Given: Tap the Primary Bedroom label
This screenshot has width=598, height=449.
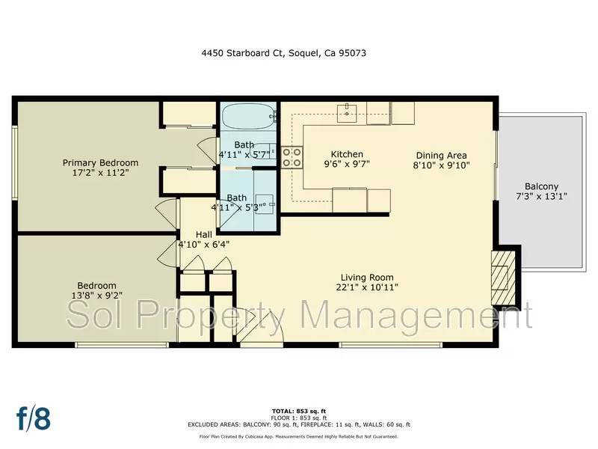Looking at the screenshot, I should point(100,162).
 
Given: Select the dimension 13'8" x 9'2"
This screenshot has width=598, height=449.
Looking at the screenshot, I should point(96,296).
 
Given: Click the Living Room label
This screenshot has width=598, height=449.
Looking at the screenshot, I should point(366,277).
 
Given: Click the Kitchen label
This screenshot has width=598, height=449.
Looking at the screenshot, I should point(347,153).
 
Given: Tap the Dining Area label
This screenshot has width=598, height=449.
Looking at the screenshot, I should point(442,156).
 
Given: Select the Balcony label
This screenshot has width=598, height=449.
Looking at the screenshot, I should point(540,186).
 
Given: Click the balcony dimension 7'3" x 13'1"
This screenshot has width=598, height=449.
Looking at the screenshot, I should point(540,196).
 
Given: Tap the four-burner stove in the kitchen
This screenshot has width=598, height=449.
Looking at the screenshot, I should point(292,157).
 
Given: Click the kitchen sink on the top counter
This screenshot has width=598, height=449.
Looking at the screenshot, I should point(349,113).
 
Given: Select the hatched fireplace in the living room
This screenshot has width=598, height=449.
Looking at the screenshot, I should point(502,278).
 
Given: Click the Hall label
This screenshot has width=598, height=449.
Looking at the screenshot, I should point(204,233).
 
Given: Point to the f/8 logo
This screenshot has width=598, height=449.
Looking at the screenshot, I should point(34,418).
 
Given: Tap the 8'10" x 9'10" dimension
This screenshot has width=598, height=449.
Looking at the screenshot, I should point(442,165).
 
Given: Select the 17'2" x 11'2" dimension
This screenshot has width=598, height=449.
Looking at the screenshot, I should point(100,172).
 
